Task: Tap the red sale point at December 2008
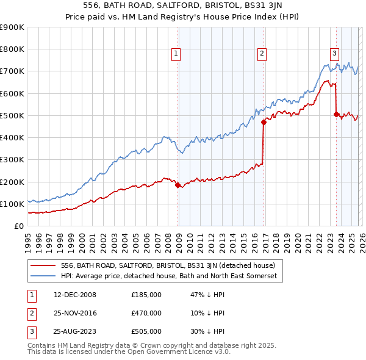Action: tap(178, 185)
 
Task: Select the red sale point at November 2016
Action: tap(264, 122)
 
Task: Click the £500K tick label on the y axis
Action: tap(12, 115)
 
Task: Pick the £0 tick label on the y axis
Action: tap(18, 226)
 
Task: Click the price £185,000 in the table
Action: tap(146, 295)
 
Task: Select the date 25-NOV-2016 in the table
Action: tap(75, 313)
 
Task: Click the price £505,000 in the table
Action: tap(146, 331)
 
